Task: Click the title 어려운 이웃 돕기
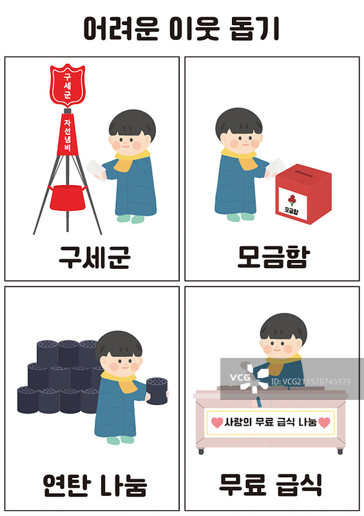(182, 28)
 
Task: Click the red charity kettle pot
(67, 196)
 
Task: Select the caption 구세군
(94, 256)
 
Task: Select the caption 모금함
(273, 256)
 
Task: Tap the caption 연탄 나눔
(94, 484)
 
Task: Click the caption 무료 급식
(271, 484)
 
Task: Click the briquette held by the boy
(156, 390)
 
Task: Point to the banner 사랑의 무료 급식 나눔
(271, 422)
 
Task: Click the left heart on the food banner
(216, 422)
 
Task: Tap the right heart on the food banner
(324, 422)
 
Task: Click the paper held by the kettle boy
(94, 169)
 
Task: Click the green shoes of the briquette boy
(120, 440)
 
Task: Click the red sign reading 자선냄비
(67, 135)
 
